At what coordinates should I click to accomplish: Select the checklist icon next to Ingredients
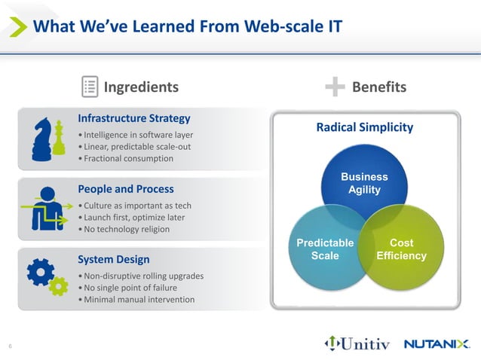pos(90,87)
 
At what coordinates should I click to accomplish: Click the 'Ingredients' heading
pos(141,87)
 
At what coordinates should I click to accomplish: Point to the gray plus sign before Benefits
pos(335,87)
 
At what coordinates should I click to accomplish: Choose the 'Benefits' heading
pos(378,87)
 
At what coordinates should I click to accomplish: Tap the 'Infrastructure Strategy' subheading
pos(133,118)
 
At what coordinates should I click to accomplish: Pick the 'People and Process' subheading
pos(125,189)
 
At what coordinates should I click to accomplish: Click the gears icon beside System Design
pos(46,276)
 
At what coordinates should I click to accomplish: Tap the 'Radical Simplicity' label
pos(364,127)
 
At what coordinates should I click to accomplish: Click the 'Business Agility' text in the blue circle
pos(364,183)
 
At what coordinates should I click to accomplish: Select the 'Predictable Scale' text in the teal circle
pos(325,249)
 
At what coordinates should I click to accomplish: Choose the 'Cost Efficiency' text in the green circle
pos(401,249)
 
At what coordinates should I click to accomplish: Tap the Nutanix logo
pos(437,344)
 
